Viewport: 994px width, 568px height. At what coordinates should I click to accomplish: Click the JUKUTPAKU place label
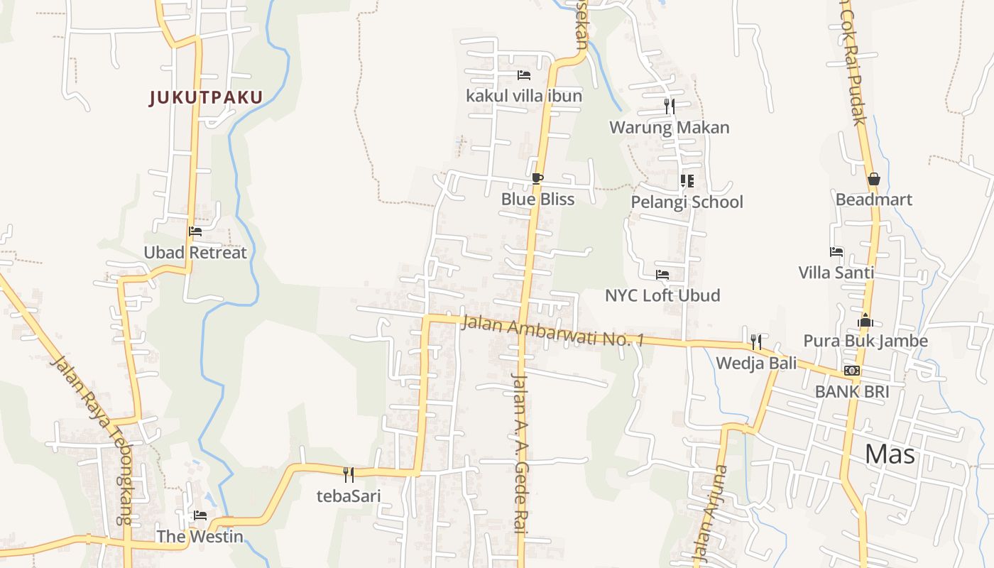pyautogui.click(x=206, y=97)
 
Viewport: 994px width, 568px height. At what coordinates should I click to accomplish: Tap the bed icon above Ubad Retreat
pyautogui.click(x=195, y=231)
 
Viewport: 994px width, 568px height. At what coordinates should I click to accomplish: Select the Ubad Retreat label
pyautogui.click(x=195, y=253)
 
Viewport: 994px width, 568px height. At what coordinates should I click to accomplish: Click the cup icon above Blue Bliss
pyautogui.click(x=537, y=178)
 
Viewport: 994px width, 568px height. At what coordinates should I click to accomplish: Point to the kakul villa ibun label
pyautogui.click(x=524, y=96)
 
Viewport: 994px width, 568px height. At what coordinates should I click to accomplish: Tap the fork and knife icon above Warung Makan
pyautogui.click(x=670, y=106)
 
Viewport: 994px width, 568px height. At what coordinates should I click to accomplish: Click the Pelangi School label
pyautogui.click(x=687, y=202)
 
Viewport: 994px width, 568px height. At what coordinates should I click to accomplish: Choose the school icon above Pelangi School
pyautogui.click(x=687, y=181)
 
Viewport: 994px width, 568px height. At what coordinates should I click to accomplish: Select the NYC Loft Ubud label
pyautogui.click(x=662, y=295)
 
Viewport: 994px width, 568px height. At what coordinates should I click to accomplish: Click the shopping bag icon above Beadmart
pyautogui.click(x=874, y=179)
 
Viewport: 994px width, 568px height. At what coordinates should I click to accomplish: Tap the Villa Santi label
pyautogui.click(x=836, y=273)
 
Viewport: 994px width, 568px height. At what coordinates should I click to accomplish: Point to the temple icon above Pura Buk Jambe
pyautogui.click(x=865, y=320)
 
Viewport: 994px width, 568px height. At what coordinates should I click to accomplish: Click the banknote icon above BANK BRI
pyautogui.click(x=852, y=371)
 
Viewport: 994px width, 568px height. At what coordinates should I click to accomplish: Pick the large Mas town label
pyautogui.click(x=890, y=454)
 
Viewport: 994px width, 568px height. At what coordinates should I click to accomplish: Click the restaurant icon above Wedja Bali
pyautogui.click(x=756, y=342)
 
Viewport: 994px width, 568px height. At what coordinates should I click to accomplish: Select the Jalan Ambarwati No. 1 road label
pyautogui.click(x=552, y=332)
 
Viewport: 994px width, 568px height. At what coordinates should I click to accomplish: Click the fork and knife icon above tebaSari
pyautogui.click(x=349, y=474)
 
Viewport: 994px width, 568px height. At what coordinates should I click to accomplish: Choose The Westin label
pyautogui.click(x=200, y=537)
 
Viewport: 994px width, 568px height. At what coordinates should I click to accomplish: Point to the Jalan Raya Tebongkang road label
pyautogui.click(x=92, y=440)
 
